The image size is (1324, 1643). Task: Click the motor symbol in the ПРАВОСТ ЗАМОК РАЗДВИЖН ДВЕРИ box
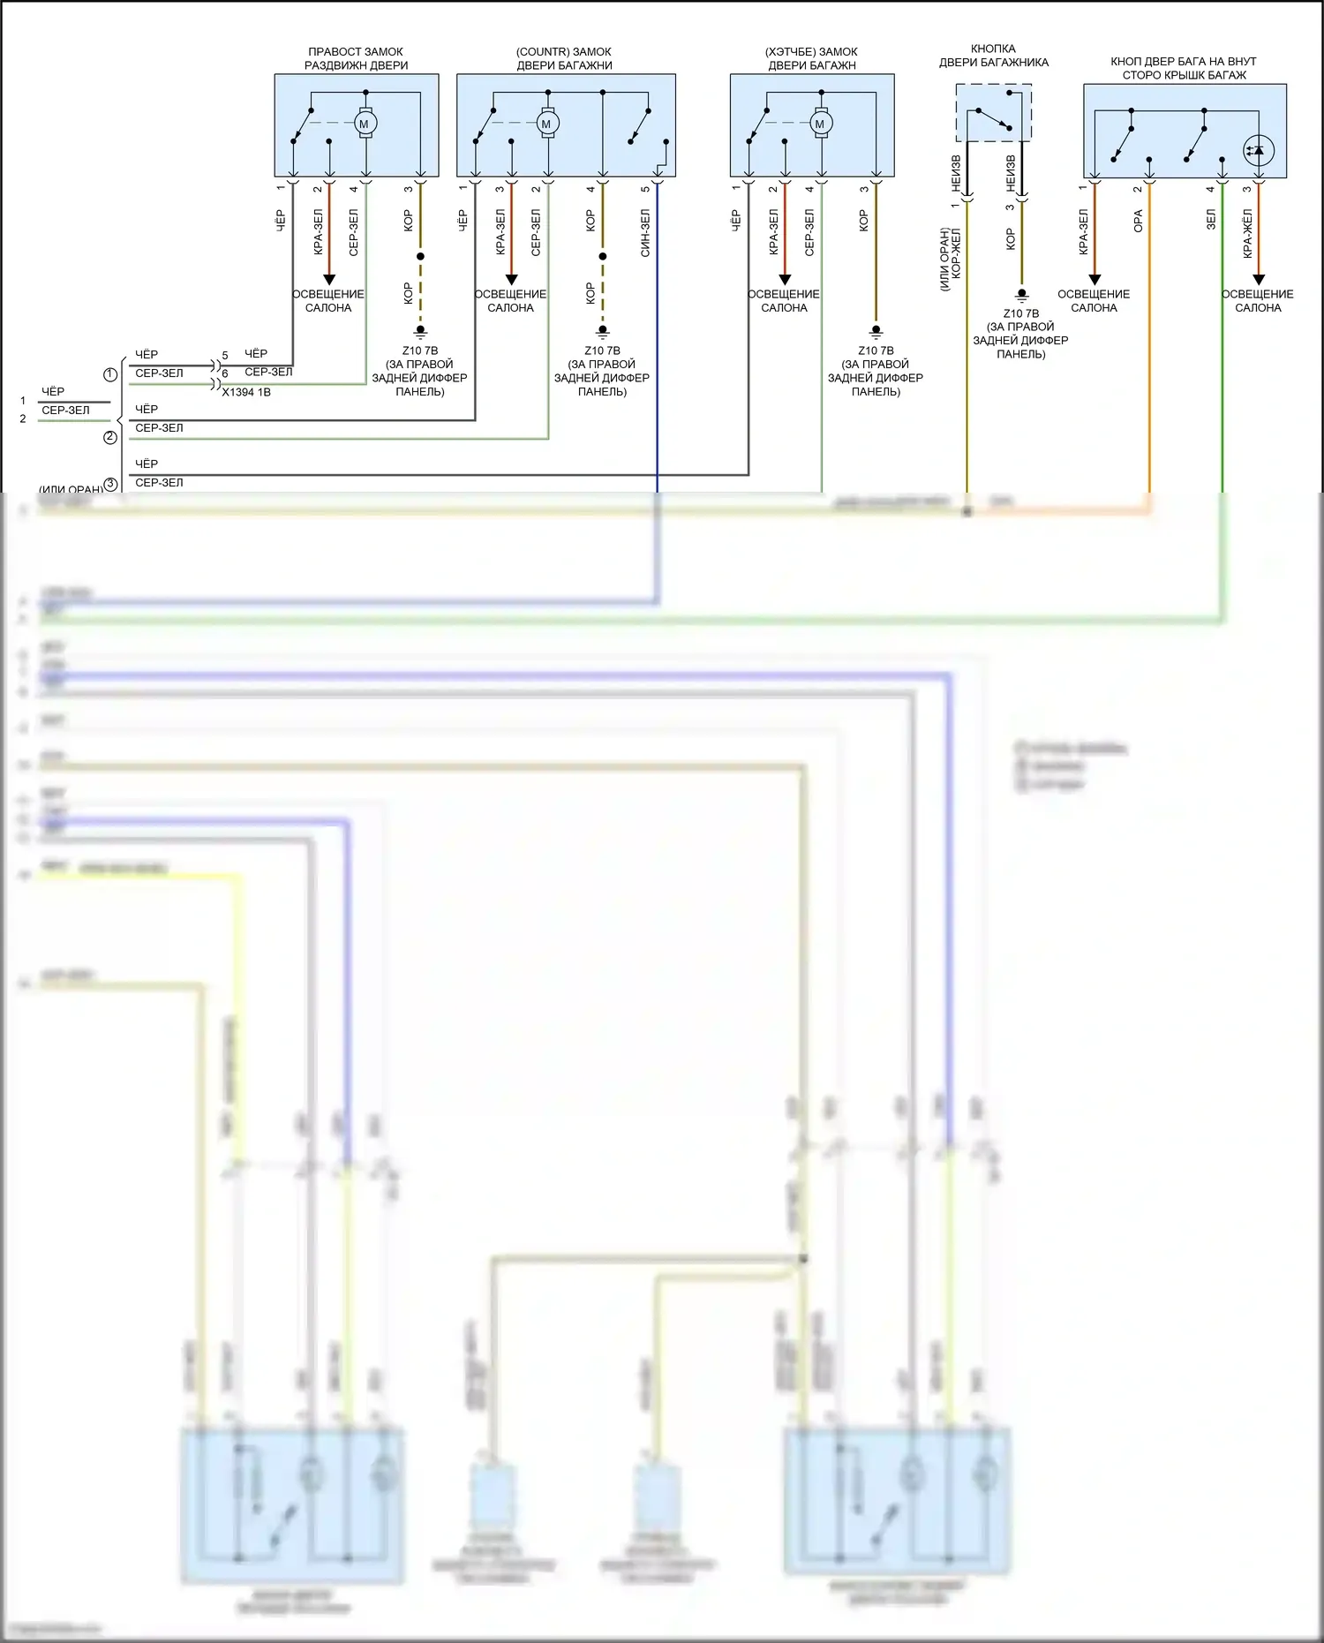click(365, 124)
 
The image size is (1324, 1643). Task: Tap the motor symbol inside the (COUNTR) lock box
click(547, 124)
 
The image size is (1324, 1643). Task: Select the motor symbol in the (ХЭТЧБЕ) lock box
click(821, 124)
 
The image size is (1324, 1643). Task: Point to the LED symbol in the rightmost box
click(1258, 150)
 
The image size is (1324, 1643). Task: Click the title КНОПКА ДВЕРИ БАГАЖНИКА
click(993, 56)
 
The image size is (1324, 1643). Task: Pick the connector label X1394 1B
click(246, 392)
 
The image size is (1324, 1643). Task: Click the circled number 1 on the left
click(110, 374)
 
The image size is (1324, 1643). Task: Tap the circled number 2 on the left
click(110, 437)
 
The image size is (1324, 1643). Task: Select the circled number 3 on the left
click(110, 484)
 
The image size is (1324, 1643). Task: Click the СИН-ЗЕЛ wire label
click(645, 233)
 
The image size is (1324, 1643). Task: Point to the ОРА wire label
click(1138, 221)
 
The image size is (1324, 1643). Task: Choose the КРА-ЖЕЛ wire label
click(1247, 233)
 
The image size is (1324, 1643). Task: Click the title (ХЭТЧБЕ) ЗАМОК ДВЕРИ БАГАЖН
click(812, 58)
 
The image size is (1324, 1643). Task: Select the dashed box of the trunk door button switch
click(994, 112)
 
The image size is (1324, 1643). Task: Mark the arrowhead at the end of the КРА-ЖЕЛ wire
click(1259, 280)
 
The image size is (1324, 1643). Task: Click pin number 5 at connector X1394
click(225, 356)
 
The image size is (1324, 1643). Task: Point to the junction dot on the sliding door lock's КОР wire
click(420, 256)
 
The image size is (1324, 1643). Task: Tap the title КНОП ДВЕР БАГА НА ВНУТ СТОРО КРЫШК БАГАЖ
click(1184, 68)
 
